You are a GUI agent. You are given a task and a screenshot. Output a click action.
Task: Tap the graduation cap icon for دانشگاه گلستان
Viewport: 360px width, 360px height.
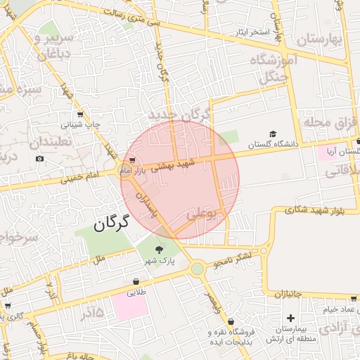(273, 134)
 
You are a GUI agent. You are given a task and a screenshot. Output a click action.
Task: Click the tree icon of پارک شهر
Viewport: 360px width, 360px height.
(159, 249)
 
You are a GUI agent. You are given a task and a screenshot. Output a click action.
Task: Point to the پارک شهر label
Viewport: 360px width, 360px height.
(160, 261)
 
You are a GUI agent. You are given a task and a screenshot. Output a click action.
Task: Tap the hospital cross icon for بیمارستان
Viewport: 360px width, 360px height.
(290, 319)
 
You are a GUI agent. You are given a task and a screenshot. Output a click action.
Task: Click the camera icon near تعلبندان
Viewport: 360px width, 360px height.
(39, 158)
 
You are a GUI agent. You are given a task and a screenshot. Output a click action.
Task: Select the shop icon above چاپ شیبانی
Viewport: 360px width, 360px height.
(79, 115)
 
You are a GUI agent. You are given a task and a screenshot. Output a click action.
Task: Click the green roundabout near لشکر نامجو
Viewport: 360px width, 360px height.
(198, 268)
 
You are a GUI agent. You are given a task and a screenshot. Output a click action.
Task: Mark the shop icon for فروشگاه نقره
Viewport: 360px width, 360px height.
(231, 321)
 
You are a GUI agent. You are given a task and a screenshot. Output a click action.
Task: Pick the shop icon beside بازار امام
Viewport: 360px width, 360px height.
(133, 160)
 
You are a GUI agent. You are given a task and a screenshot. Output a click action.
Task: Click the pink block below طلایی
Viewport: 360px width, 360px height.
(129, 307)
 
